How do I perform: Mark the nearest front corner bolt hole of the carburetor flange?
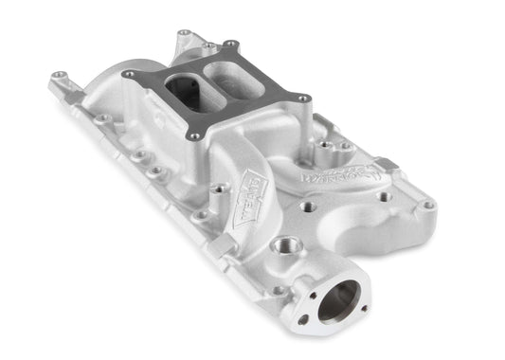pos(194,136)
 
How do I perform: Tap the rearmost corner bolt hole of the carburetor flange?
pos(229,43)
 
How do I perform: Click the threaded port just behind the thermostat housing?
pos(282,246)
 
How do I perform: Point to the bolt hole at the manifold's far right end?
pos(428,204)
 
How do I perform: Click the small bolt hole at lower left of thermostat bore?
pos(302,319)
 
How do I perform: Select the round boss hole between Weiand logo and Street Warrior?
pos(305,204)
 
